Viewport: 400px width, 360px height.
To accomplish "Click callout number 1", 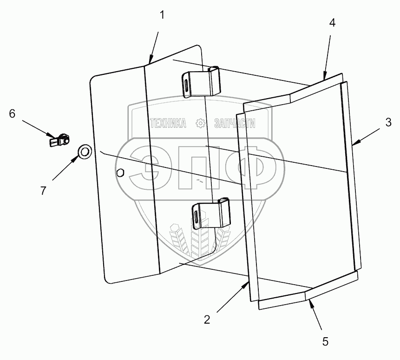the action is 162,15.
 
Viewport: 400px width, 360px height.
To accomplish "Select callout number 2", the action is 207,319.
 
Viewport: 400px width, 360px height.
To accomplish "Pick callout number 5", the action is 325,341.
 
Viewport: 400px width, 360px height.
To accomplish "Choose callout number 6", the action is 12,113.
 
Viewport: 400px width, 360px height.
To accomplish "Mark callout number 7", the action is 43,190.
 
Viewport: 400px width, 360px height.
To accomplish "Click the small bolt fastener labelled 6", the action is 59,139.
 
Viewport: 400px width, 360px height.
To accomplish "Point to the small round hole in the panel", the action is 120,173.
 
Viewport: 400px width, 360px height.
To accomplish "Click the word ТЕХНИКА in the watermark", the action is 167,123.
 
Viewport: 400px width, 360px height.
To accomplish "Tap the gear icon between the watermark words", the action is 200,123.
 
